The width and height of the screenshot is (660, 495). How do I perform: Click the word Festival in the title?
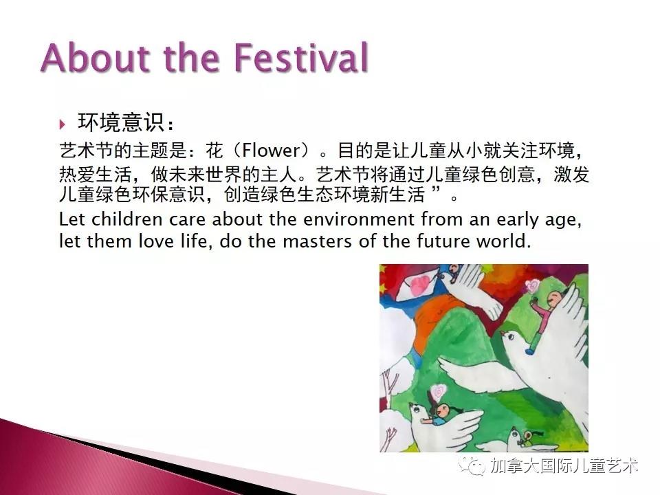click(301, 57)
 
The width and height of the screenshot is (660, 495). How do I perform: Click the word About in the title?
click(96, 57)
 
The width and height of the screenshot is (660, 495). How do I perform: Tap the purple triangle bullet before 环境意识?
click(63, 124)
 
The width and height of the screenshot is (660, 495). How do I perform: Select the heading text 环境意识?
click(120, 122)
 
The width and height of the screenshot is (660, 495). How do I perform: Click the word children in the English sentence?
click(127, 219)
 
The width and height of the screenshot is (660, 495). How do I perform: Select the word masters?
click(317, 241)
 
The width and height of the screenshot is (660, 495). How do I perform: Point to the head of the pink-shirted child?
click(554, 298)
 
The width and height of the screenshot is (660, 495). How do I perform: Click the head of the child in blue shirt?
click(442, 409)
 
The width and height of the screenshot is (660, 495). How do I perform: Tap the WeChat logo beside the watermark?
click(472, 465)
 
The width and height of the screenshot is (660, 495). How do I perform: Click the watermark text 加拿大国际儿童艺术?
click(564, 466)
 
